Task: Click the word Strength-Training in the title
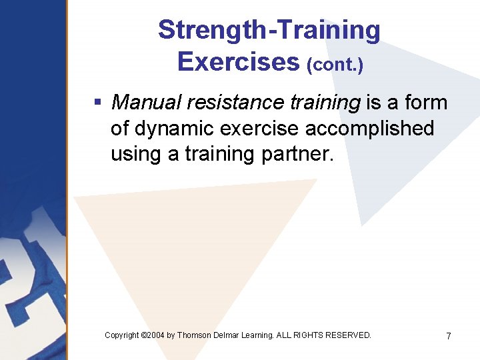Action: pos(269,31)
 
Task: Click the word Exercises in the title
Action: pos(238,62)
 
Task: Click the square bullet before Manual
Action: pos(97,103)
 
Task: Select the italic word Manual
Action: pos(147,103)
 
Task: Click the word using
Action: pos(136,154)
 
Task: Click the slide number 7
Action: pos(449,337)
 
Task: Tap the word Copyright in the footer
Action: pos(122,335)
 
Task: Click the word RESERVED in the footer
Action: pos(349,335)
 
